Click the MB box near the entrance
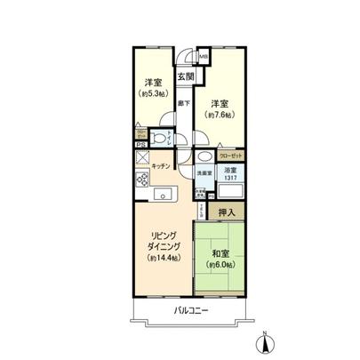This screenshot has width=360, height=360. click(203, 59)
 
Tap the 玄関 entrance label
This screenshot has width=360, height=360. click(185, 77)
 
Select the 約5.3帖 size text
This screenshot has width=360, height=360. click(153, 92)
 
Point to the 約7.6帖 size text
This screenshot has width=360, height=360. click(218, 115)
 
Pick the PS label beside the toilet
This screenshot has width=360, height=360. click(140, 144)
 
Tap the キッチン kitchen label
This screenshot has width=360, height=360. click(161, 166)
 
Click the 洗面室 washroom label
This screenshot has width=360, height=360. click(204, 172)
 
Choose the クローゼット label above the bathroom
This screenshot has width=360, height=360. click(228, 155)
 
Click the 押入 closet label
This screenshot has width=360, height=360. click(226, 212)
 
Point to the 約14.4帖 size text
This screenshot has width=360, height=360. click(163, 258)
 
